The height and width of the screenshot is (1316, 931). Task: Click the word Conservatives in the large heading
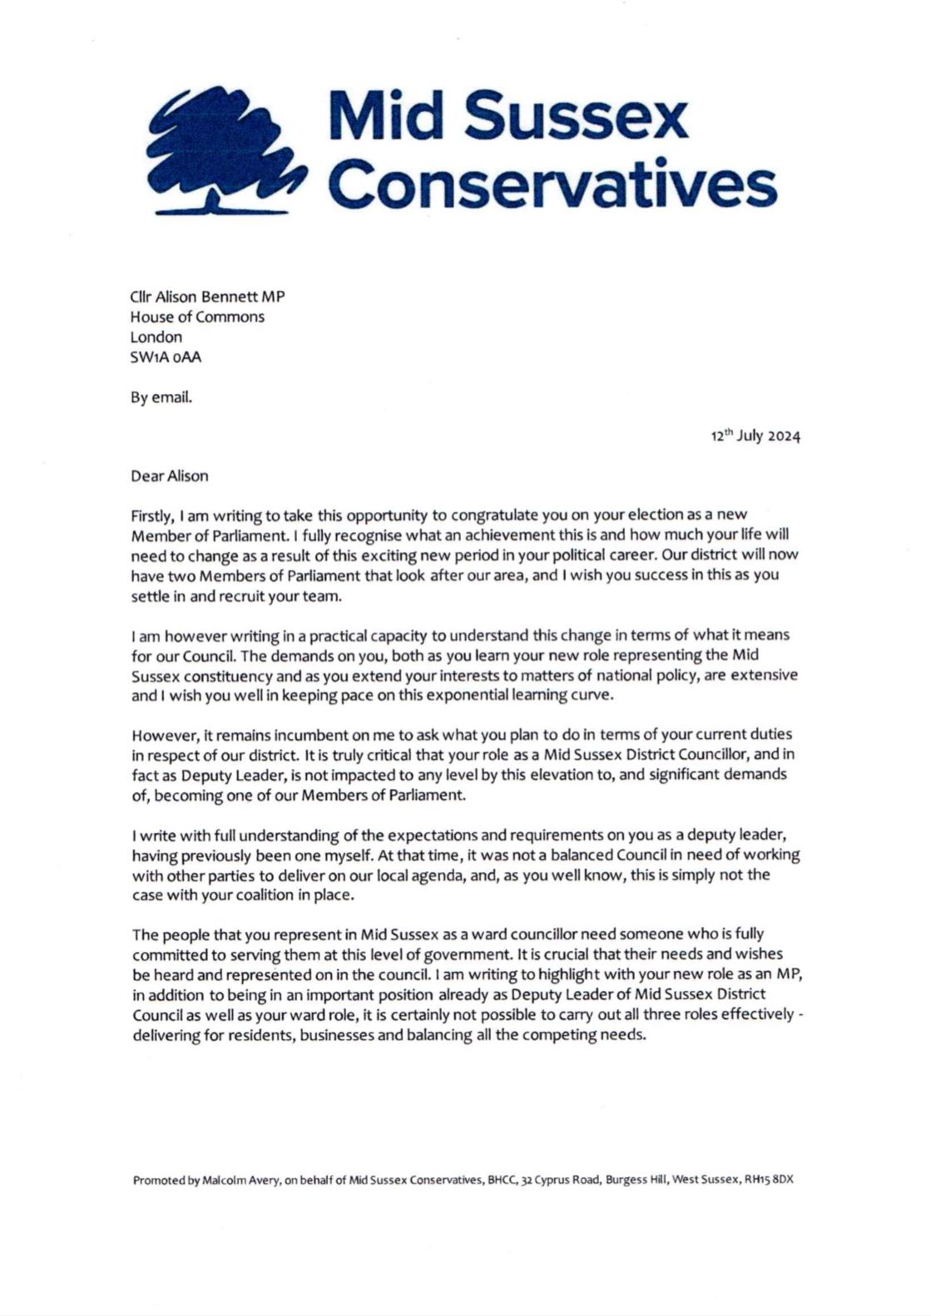[553, 185]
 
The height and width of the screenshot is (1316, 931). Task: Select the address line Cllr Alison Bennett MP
[207, 297]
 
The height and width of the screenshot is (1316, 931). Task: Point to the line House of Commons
[197, 317]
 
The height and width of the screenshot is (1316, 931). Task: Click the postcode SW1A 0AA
[166, 357]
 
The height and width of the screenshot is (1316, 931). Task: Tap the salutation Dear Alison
[170, 476]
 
